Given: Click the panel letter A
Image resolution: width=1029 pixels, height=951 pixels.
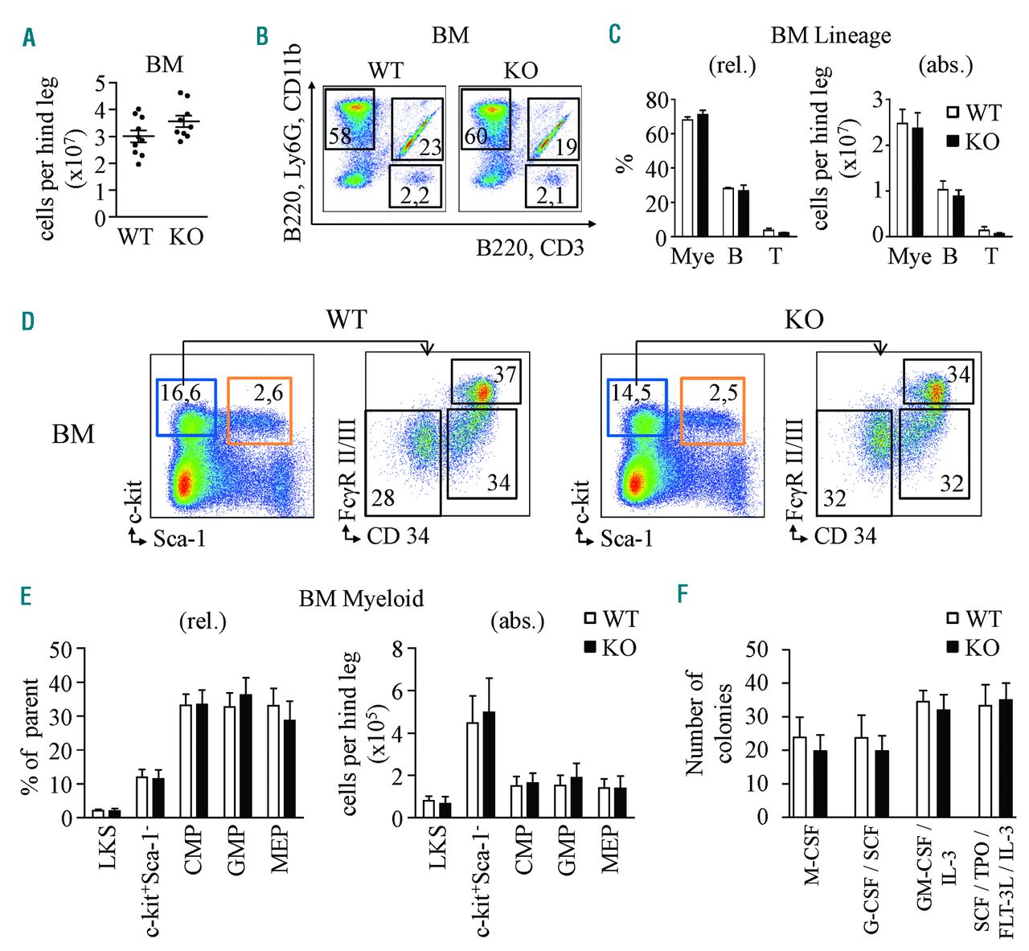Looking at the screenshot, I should coord(30,38).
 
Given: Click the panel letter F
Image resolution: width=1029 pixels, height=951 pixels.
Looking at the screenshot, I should coord(683,593).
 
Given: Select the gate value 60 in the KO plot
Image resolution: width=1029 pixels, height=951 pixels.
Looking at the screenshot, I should coord(476,135).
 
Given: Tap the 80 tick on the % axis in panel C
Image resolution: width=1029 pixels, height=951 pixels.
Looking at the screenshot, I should coord(657,100).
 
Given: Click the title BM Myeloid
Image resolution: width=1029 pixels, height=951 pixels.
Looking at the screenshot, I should coord(360,598).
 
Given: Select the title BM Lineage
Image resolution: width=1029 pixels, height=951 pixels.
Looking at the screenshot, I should coord(830,35).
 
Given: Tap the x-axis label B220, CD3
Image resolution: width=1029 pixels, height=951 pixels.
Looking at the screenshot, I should coord(530,248).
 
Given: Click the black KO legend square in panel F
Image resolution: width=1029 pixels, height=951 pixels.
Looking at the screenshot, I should coord(954,647).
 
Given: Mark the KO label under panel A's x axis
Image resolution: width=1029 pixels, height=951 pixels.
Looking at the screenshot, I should coord(186,236).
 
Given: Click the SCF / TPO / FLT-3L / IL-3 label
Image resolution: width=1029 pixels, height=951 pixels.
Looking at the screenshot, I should coord(994,876).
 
